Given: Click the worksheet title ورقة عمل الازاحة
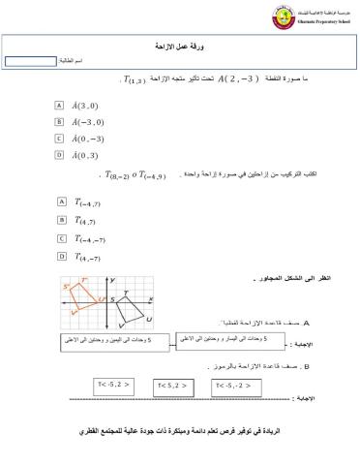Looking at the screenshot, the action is (x=178, y=46).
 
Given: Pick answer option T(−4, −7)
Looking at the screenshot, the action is (x=88, y=237).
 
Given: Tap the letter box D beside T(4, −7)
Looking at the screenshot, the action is (x=61, y=256).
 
